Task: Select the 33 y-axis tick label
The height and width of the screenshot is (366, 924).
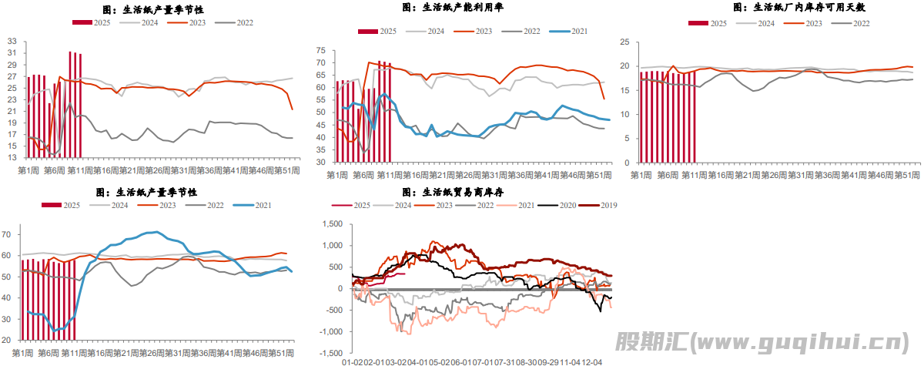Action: point(12,41)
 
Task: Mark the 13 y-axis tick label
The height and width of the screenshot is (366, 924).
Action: point(12,156)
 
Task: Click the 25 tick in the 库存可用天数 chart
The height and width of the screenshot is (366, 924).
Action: point(623,42)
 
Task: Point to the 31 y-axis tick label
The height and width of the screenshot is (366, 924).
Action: point(12,52)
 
